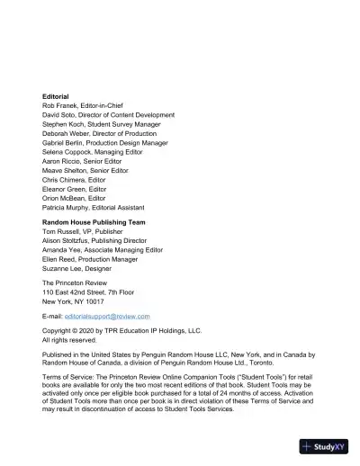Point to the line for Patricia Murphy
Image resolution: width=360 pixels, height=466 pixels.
(x=94, y=214)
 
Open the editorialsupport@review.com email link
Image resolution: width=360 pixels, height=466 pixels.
(x=112, y=318)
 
